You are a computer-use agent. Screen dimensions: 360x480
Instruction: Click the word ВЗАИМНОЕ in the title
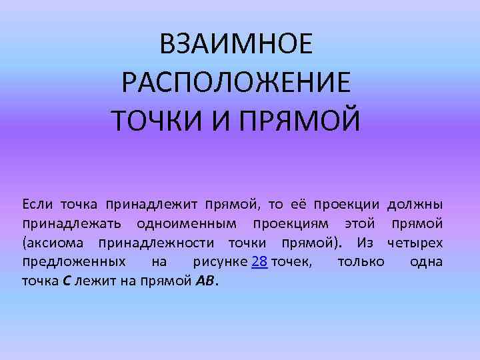[235, 45]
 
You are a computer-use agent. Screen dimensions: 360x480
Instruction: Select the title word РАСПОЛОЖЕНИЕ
[235, 83]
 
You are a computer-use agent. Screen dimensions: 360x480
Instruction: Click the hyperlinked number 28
[260, 261]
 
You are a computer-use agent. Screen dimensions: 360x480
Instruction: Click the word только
[361, 261]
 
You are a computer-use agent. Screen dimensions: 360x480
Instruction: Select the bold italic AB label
[205, 281]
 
